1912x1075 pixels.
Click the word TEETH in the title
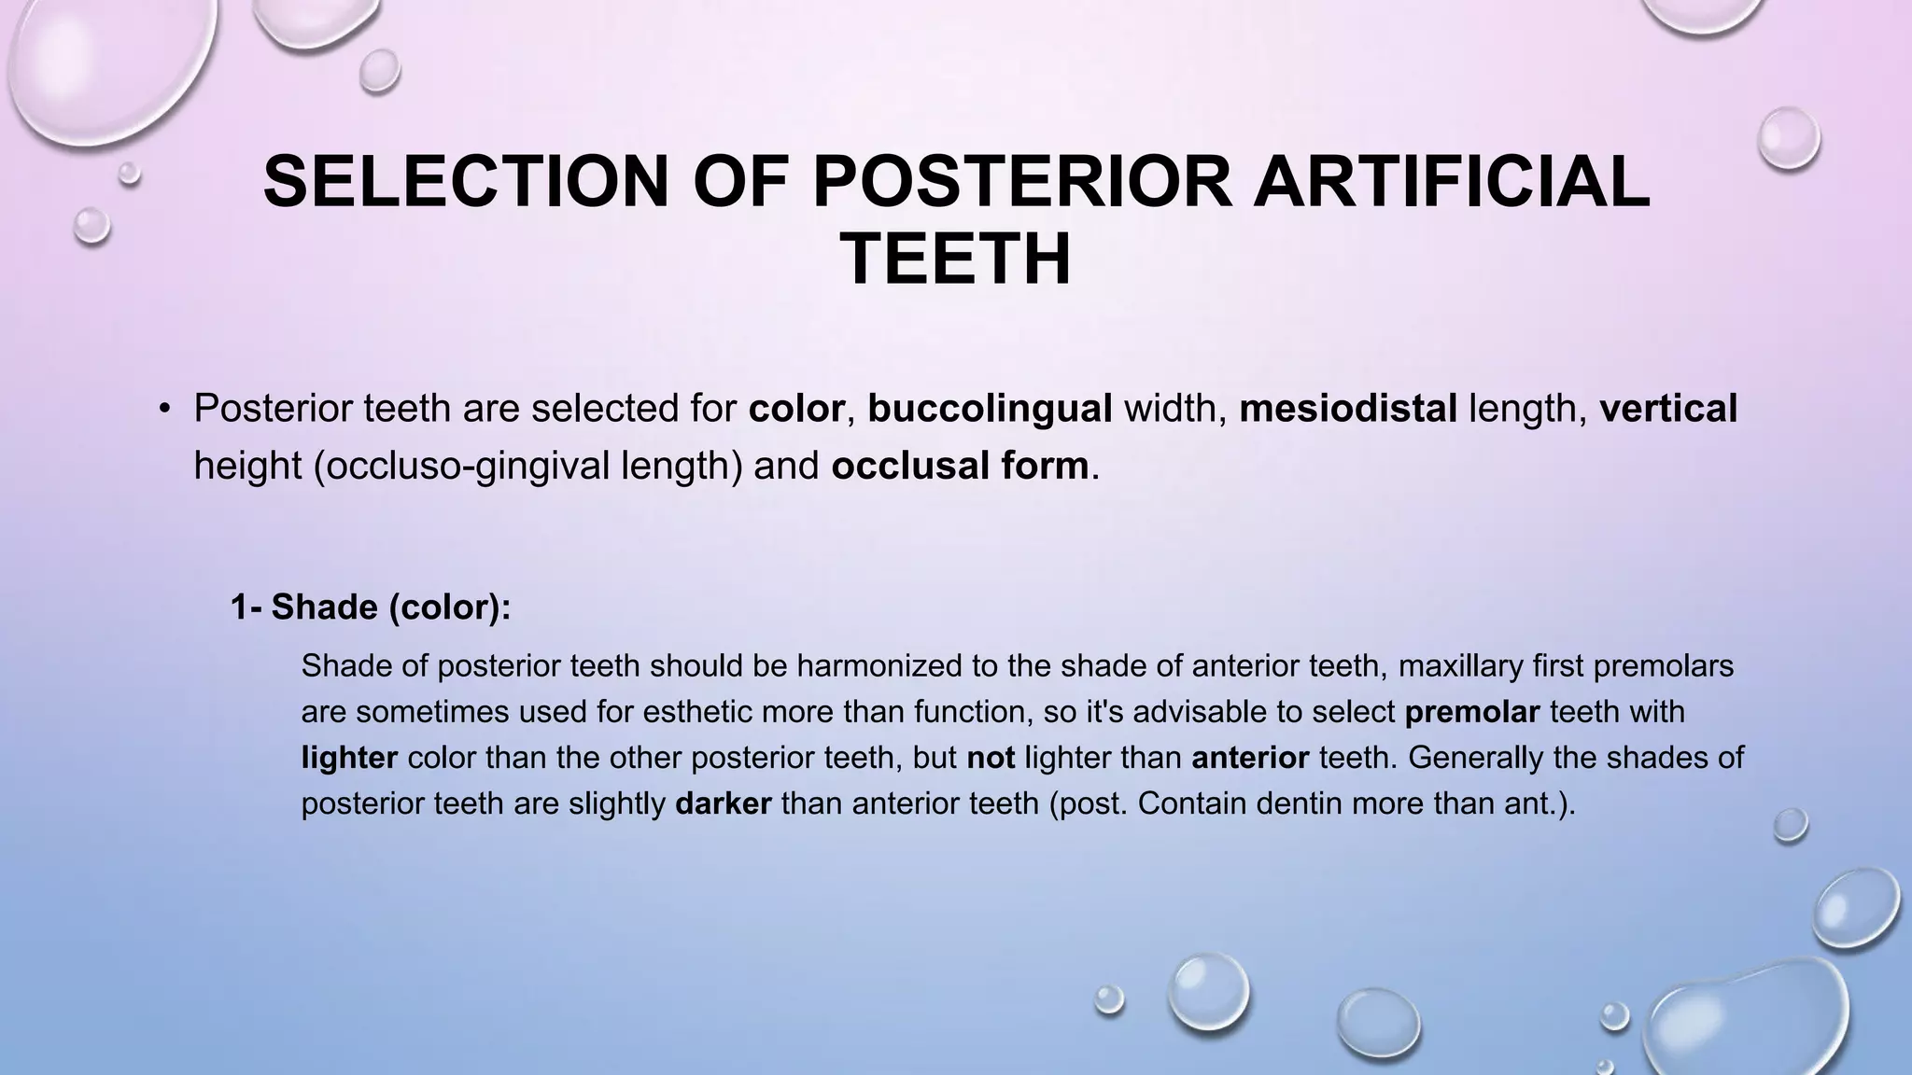coord(956,259)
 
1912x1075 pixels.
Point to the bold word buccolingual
coord(990,409)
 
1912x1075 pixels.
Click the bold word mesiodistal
coord(1347,409)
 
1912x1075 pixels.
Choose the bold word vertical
coord(1667,409)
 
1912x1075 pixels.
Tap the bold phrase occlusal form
coord(959,466)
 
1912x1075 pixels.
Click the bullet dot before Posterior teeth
coord(164,410)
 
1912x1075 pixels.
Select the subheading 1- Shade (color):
coord(371,607)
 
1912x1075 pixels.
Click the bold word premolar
coord(1471,712)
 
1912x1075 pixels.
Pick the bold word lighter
coord(349,758)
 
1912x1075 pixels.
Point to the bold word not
coord(990,758)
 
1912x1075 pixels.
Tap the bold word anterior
coord(1249,758)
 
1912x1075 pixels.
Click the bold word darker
coord(723,803)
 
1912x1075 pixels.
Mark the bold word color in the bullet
coord(795,409)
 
